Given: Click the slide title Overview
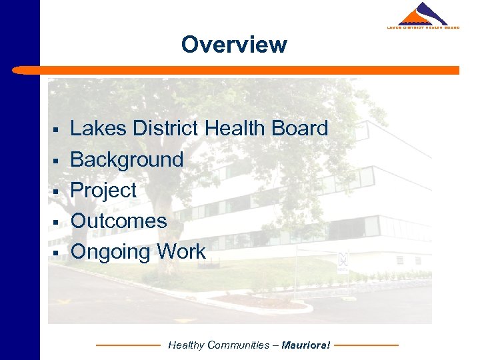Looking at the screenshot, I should point(234,45).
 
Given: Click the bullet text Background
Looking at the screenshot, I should point(127,159).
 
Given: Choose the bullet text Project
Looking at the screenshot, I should point(103,190).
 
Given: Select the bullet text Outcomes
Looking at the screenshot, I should point(119,221).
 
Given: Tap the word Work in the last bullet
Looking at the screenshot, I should point(181,251).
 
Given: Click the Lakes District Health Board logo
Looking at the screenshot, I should point(423,16).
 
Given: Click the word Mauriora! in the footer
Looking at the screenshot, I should point(306,345).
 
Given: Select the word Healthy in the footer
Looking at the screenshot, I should point(186,345).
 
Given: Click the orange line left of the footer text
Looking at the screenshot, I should point(128,345).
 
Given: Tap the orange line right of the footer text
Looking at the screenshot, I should point(366,345).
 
